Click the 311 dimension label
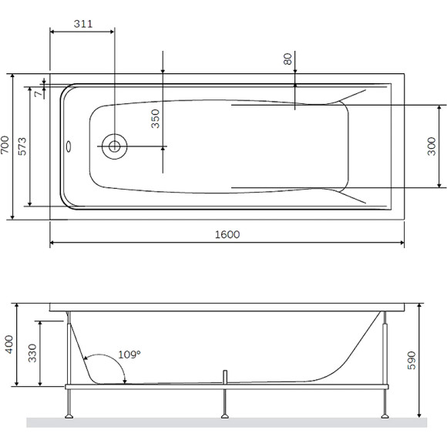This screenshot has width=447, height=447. pyautogui.click(x=83, y=24)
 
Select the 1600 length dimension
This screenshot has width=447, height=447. pyautogui.click(x=227, y=234)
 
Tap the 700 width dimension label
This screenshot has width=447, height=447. pyautogui.click(x=5, y=145)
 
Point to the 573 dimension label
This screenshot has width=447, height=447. pyautogui.click(x=22, y=146)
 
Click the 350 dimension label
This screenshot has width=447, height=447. pyautogui.click(x=156, y=119)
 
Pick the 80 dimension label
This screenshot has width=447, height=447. pyautogui.click(x=288, y=59)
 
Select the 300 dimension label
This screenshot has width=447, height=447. pyautogui.click(x=432, y=146)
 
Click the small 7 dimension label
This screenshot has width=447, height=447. pyautogui.click(x=39, y=93)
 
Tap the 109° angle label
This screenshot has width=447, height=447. pyautogui.click(x=129, y=355)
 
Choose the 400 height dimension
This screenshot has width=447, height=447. pyautogui.click(x=9, y=344)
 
